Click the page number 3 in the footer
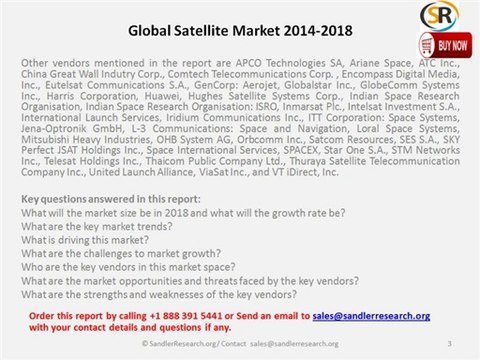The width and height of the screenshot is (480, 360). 450,344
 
